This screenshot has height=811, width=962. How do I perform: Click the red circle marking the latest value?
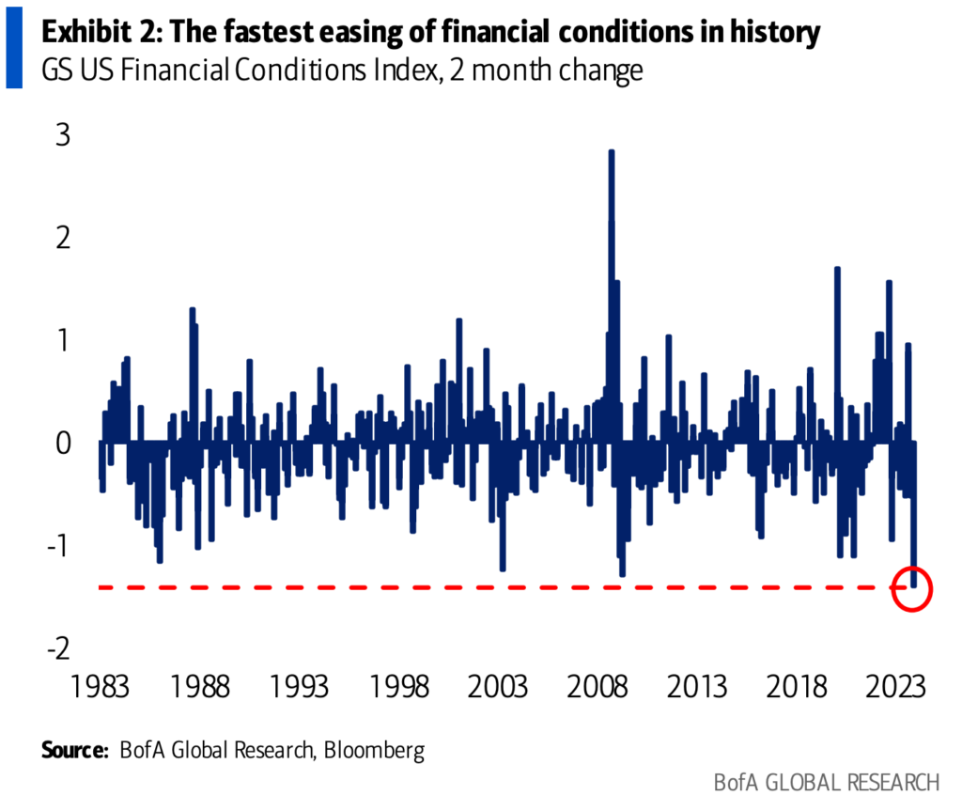click(x=912, y=588)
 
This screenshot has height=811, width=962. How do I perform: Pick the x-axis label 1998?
click(x=401, y=686)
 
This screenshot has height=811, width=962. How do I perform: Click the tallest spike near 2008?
click(x=612, y=155)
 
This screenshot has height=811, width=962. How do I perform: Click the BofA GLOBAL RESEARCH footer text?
click(x=826, y=782)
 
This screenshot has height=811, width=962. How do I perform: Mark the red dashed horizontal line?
click(x=470, y=587)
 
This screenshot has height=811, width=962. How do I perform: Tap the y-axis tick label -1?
click(x=60, y=545)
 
